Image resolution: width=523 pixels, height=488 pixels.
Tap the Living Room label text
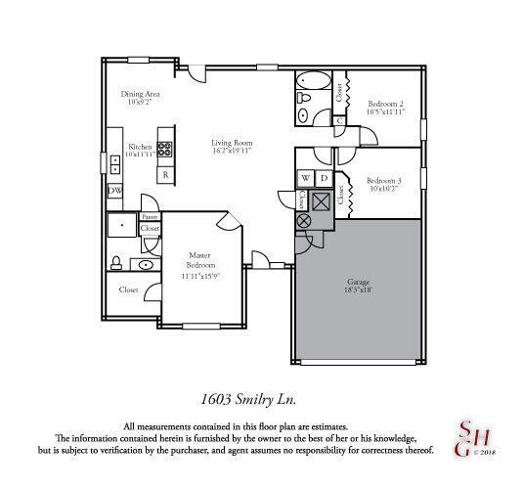tap(232, 144)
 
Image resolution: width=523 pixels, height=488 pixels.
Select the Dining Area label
tap(139, 95)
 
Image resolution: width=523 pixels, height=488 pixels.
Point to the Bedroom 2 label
tap(385, 103)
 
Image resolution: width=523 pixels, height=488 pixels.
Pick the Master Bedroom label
tap(200, 259)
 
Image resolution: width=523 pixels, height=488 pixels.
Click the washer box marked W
tap(306, 178)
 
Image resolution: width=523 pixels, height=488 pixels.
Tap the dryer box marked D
tap(324, 178)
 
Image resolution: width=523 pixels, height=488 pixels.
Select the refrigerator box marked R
tap(165, 175)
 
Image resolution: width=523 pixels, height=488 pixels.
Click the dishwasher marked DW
tap(115, 191)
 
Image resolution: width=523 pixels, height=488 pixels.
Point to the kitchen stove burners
tap(165, 150)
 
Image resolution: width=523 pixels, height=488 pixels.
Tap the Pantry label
tap(150, 217)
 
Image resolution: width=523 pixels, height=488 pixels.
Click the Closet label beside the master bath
tap(128, 289)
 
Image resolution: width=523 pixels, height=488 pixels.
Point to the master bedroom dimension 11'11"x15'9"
tap(200, 276)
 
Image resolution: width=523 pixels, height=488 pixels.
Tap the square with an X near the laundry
tap(320, 200)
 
